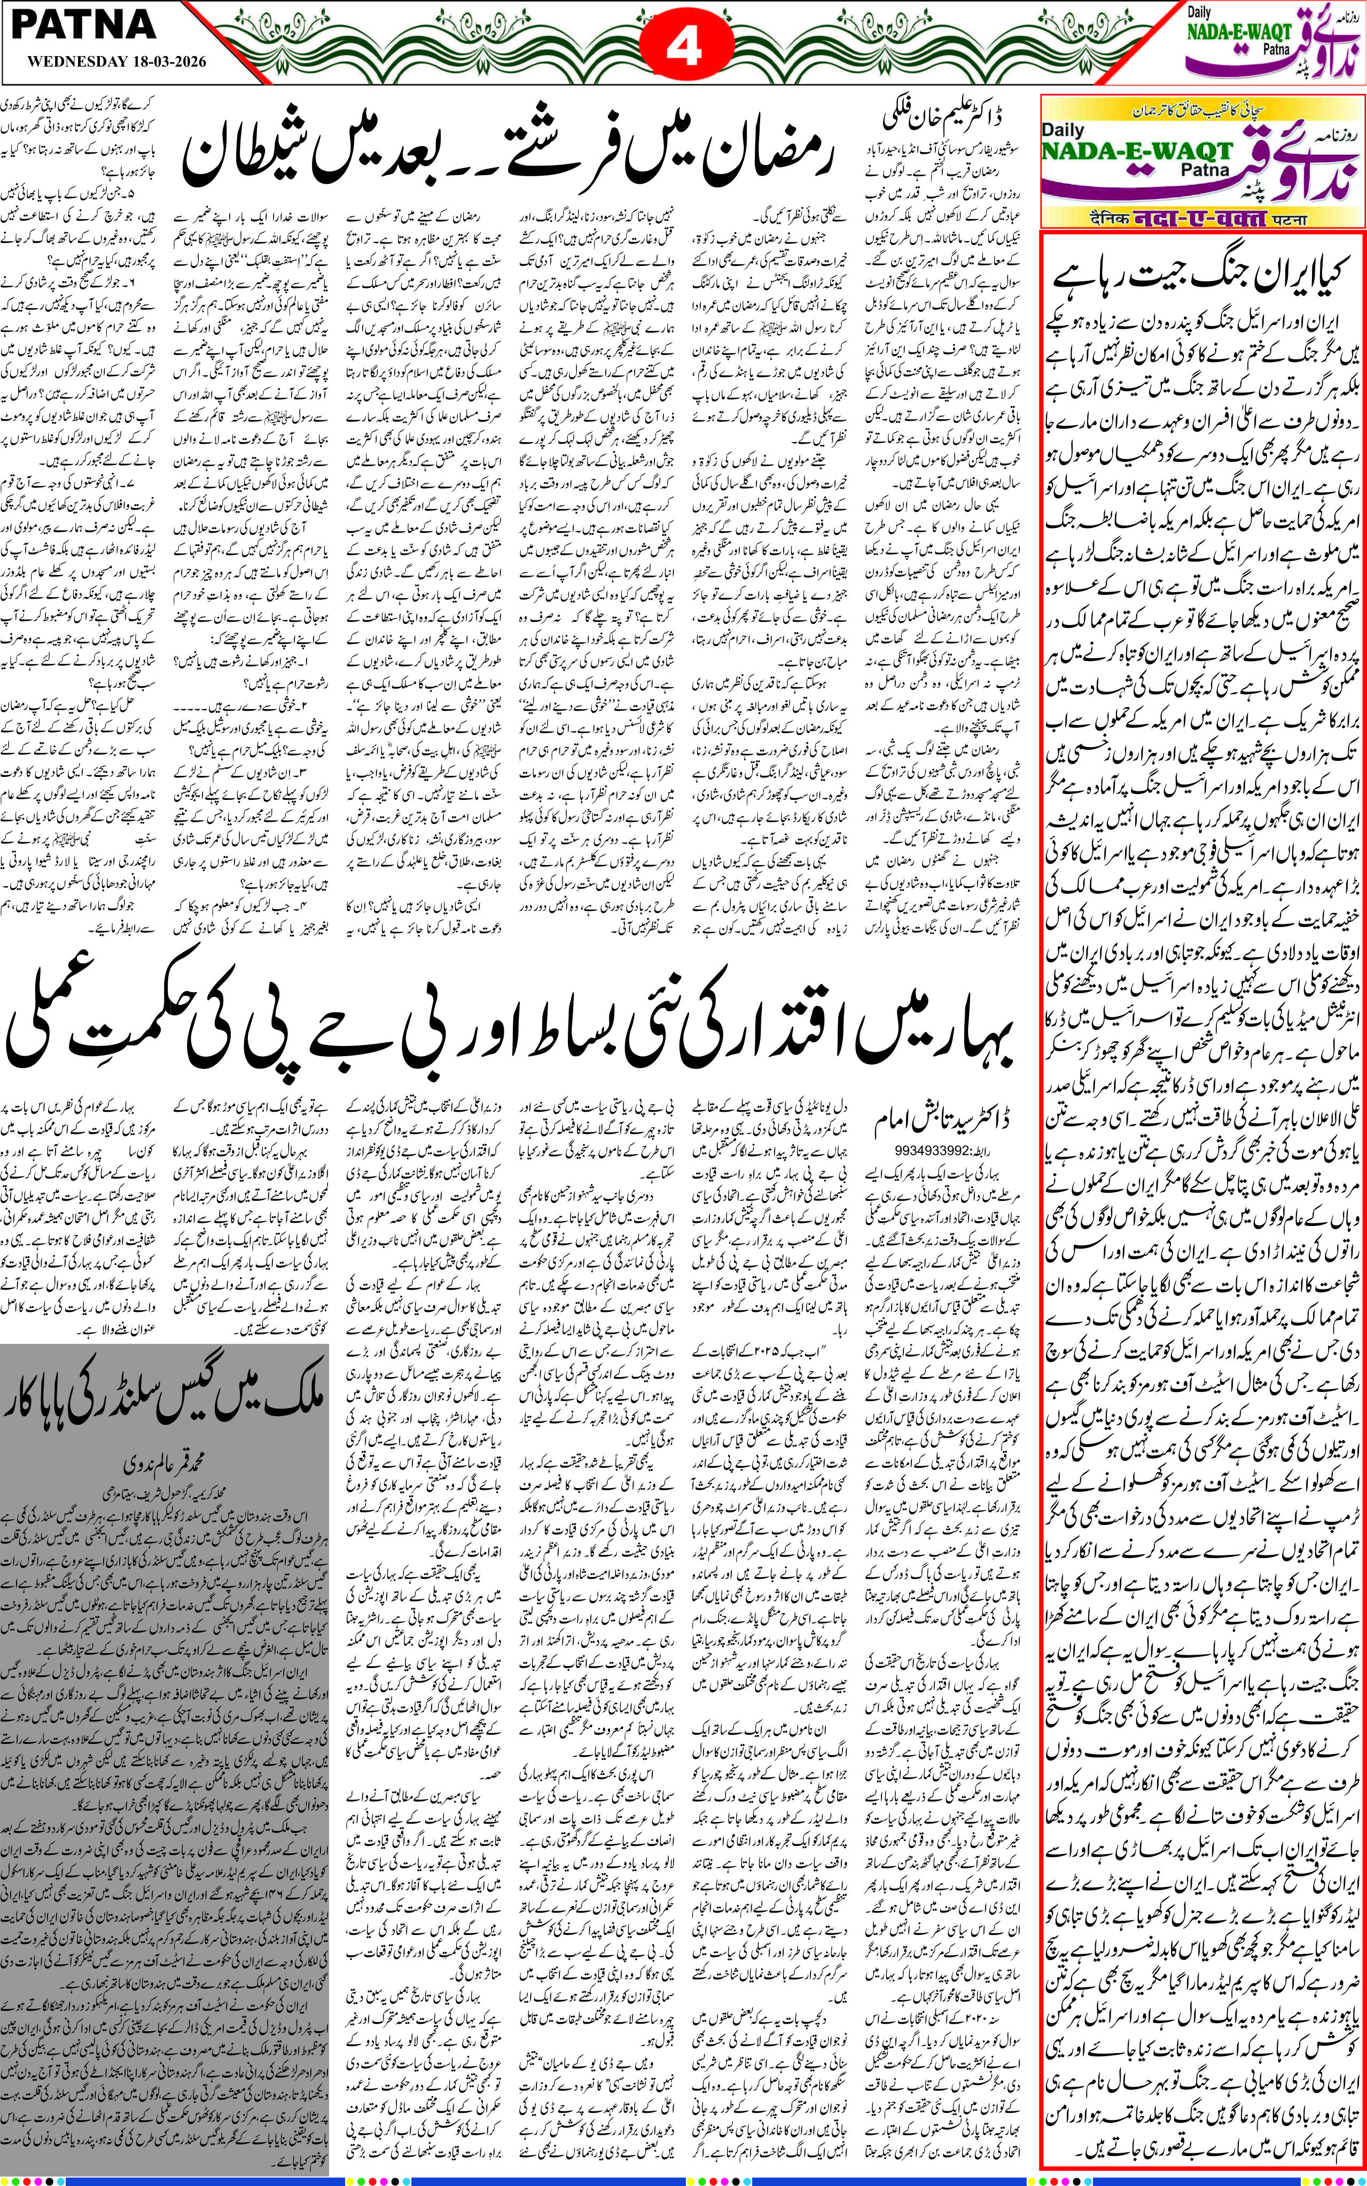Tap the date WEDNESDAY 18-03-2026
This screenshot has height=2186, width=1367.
point(116,62)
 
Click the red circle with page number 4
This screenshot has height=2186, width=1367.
point(684,45)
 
